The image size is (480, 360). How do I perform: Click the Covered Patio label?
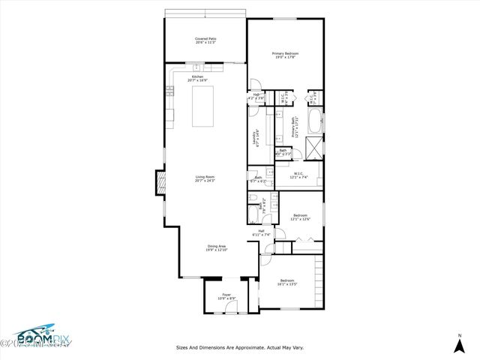point(205,40)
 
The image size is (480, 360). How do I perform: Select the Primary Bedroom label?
point(285,55)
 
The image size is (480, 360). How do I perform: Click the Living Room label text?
point(205,178)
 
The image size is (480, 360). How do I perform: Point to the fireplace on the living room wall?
point(160,182)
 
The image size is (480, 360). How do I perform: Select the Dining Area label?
point(217,247)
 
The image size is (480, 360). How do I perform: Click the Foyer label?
point(226,297)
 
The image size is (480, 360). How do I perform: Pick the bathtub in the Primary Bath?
point(316,121)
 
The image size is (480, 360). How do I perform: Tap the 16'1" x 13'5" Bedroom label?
point(288,283)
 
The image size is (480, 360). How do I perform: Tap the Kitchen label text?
point(198,78)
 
